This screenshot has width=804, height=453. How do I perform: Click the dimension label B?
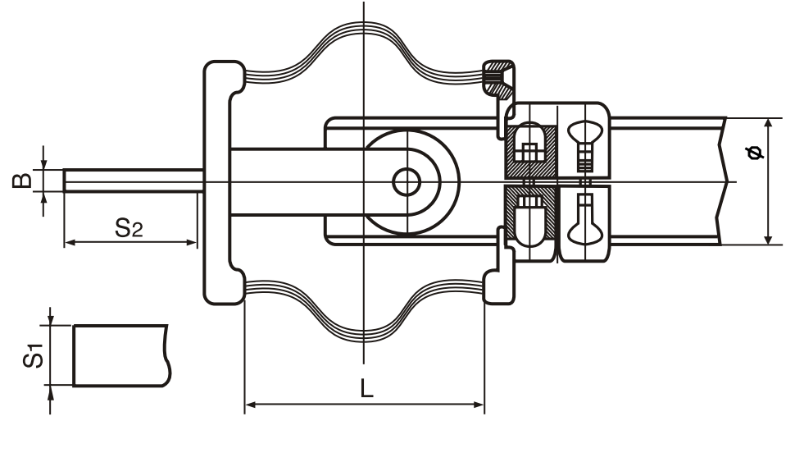click(22, 181)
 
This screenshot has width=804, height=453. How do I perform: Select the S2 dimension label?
click(129, 227)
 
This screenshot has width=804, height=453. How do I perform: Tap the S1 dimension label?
click(34, 355)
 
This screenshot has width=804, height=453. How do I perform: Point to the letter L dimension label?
click(366, 388)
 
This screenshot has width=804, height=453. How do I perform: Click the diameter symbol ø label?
click(754, 153)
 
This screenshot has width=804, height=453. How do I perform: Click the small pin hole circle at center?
click(407, 182)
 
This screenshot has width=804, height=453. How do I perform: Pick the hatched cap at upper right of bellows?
click(498, 79)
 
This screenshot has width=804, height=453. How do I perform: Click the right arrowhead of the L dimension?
click(478, 405)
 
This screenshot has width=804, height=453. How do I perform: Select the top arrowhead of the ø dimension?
click(768, 124)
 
